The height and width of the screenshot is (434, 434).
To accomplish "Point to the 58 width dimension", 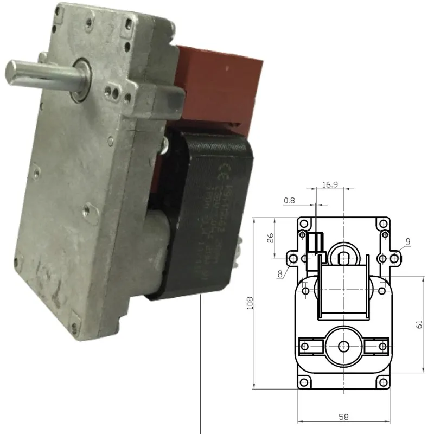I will pyautogui.click(x=343, y=417).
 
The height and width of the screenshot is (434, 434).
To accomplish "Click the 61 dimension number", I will pyautogui.click(x=418, y=324).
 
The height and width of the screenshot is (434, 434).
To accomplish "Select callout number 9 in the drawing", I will pyautogui.click(x=407, y=241).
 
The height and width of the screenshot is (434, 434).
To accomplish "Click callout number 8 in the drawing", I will pyautogui.click(x=280, y=274).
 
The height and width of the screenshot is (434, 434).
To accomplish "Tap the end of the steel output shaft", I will pyautogui.click(x=12, y=71).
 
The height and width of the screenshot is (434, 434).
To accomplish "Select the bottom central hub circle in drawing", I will pyautogui.click(x=343, y=346).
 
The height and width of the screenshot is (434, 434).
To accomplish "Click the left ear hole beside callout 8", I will pyautogui.click(x=293, y=258).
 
